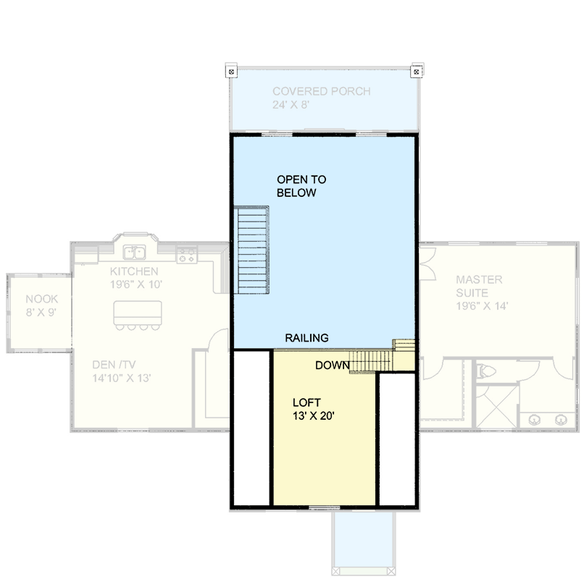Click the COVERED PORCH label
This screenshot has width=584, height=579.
tap(321, 91)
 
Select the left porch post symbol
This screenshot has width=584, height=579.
tap(230, 72)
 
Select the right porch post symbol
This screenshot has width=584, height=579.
tap(416, 72)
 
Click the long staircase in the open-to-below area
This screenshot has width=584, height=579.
tap(251, 250)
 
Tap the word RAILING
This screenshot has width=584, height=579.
tap(306, 338)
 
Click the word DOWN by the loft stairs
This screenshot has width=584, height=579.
tap(332, 365)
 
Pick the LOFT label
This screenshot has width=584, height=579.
tap(307, 402)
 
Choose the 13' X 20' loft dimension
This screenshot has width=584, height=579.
tap(313, 416)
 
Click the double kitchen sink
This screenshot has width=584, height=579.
tap(134, 253)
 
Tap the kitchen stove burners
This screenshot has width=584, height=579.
tap(186, 254)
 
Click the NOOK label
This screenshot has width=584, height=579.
tap(41, 299)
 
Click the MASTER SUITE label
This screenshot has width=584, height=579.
tap(478, 286)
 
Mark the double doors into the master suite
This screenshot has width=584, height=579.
tap(426, 263)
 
